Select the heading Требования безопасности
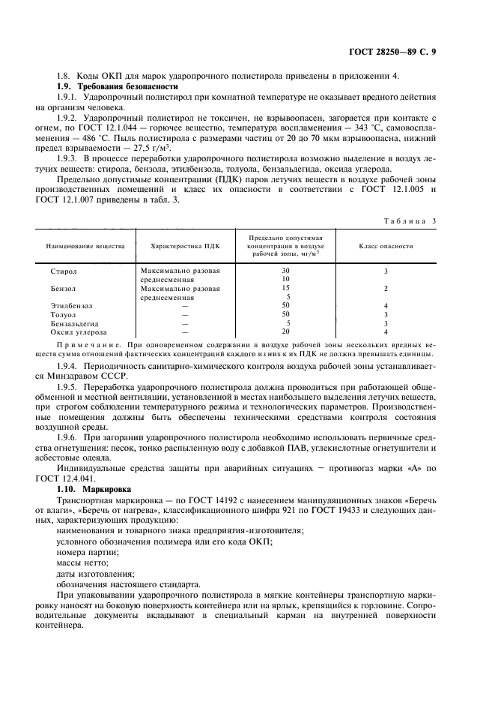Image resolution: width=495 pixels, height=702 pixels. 123,87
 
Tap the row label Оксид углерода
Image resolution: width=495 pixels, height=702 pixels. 78,331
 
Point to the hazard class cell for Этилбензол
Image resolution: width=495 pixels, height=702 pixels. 386,305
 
